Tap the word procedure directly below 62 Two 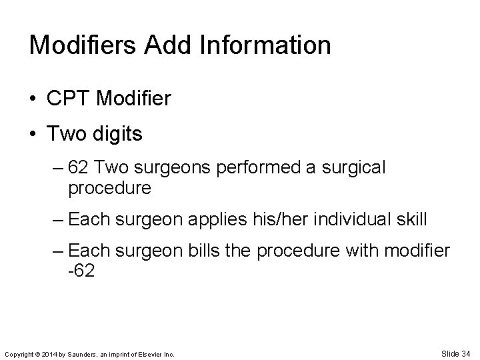point(109,188)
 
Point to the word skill point(411,219)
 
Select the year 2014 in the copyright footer point(50,354)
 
